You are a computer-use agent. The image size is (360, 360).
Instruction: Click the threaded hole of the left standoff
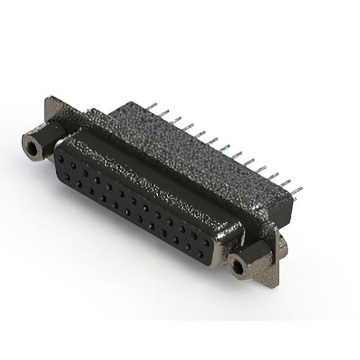[32, 148]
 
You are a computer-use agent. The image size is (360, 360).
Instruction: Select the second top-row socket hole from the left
[73, 166]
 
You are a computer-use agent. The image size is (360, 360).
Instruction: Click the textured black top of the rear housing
[186, 146]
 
